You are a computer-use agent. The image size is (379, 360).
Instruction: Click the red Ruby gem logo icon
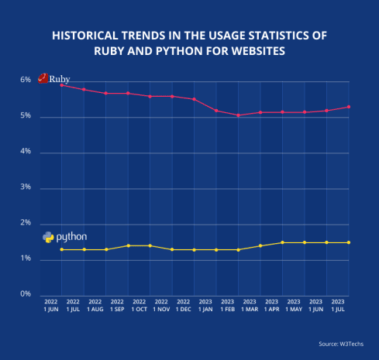click(43, 79)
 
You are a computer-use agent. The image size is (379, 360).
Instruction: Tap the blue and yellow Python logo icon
click(48, 237)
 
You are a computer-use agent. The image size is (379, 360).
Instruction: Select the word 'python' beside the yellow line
click(71, 236)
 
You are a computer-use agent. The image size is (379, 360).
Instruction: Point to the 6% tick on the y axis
click(26, 80)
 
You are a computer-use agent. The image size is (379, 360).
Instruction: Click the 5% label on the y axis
click(26, 116)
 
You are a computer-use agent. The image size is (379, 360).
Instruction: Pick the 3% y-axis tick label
click(26, 187)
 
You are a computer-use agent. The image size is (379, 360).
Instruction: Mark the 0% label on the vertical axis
click(26, 294)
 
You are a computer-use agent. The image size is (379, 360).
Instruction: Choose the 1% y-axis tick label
click(26, 259)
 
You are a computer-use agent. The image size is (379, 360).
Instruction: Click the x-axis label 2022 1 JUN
click(50, 305)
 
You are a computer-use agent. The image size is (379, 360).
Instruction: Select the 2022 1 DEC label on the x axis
click(183, 305)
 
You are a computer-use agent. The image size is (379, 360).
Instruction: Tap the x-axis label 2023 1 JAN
click(205, 305)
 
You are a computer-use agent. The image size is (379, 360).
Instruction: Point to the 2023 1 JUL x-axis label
click(338, 305)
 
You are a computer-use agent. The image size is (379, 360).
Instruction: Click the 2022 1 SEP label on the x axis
click(117, 305)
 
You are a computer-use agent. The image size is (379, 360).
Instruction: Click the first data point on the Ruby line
click(61, 85)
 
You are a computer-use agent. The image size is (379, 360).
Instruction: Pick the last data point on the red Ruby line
click(349, 107)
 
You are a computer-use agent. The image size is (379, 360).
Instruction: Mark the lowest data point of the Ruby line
click(238, 115)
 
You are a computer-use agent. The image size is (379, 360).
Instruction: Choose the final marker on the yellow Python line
click(349, 242)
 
